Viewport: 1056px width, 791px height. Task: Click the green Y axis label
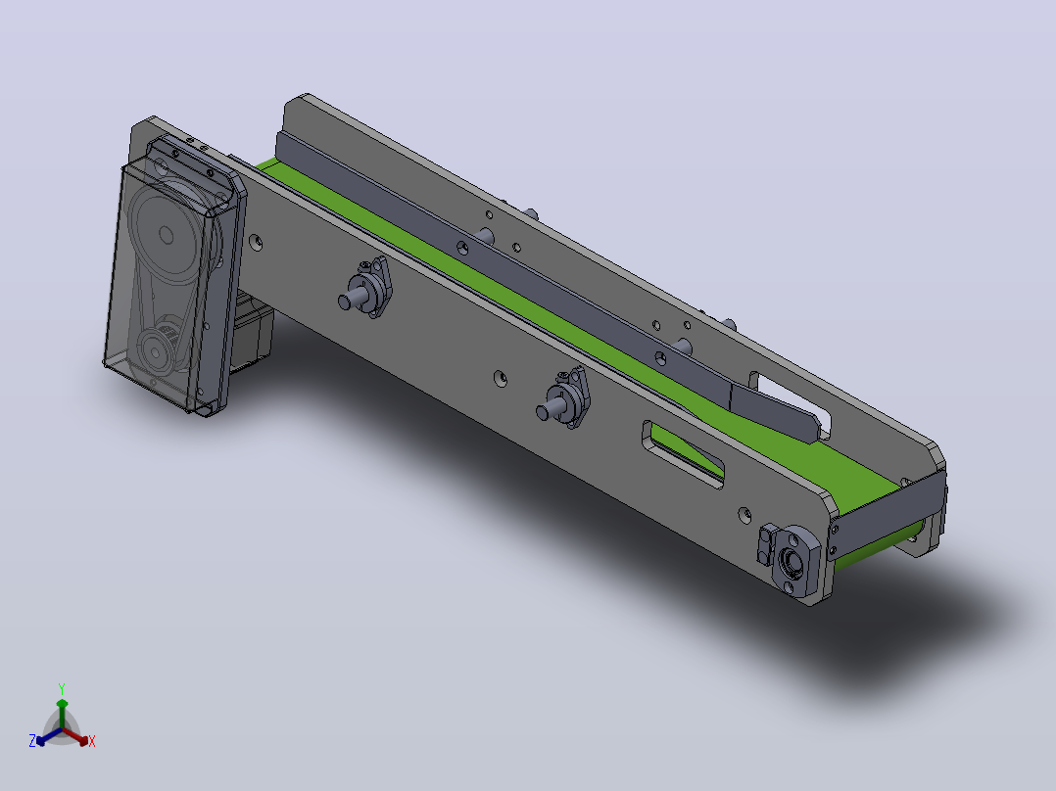(x=62, y=688)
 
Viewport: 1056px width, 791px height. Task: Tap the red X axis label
(x=92, y=741)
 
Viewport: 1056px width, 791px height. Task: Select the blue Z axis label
(x=32, y=740)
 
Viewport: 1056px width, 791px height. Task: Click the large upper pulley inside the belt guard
(x=166, y=234)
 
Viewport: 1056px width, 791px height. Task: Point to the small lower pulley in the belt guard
(x=157, y=350)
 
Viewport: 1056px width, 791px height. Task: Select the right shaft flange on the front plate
(x=567, y=399)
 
